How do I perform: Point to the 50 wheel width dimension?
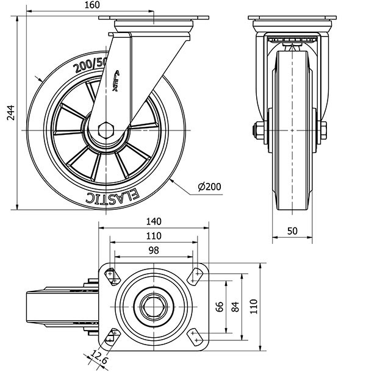(x=293, y=231)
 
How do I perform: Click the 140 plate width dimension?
(x=154, y=221)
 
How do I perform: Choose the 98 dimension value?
(x=154, y=251)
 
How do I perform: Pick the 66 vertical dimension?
(x=220, y=307)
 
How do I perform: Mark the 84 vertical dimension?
(x=236, y=307)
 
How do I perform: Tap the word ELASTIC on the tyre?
(x=113, y=196)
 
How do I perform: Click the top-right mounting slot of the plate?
(x=196, y=276)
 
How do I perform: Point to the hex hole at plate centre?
(x=154, y=306)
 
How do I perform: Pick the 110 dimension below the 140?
(x=154, y=236)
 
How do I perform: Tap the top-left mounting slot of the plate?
(x=112, y=276)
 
